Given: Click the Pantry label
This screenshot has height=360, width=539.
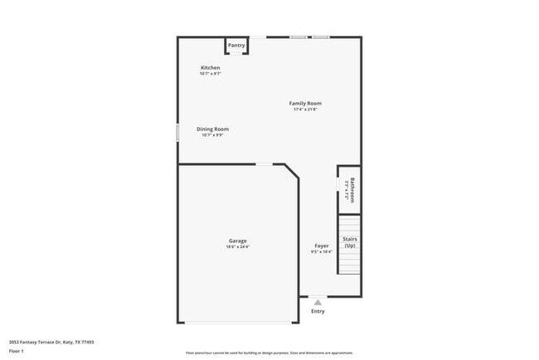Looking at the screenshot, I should point(236,45).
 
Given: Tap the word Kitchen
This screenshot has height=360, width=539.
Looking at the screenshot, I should point(211,67).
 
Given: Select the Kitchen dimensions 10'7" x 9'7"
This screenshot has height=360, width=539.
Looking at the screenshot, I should point(211,74).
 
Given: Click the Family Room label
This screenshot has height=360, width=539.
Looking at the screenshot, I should point(305,104).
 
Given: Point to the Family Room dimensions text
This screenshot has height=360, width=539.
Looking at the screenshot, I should point(305,110).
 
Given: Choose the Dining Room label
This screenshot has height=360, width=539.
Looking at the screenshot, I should point(212,129).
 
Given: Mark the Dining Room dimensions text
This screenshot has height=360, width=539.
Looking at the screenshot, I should point(212,135).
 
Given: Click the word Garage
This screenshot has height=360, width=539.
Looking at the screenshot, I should point(238,241).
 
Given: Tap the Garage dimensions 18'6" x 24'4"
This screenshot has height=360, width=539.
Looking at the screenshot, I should point(238,247).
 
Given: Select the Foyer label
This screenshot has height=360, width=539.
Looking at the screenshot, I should point(322,246).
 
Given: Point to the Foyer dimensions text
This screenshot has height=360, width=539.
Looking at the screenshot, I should point(322,252).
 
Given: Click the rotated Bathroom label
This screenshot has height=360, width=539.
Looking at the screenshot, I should point(352,190).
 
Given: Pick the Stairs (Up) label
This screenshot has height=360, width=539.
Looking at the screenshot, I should point(350,242).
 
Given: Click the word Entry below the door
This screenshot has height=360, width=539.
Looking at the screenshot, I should point(318,312).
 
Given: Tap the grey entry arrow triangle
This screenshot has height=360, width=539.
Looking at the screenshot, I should point(318,303).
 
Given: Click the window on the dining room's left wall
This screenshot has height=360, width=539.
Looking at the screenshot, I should point(177,133).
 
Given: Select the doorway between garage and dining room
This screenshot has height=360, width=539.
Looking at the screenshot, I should point(263,164).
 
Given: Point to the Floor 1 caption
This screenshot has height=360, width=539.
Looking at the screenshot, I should point(17,351).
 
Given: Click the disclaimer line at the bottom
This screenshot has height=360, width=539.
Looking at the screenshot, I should point(269,353).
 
